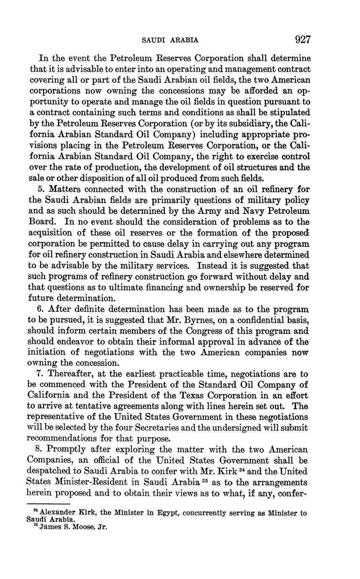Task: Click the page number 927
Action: point(303,40)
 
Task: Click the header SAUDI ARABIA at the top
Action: point(170,40)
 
